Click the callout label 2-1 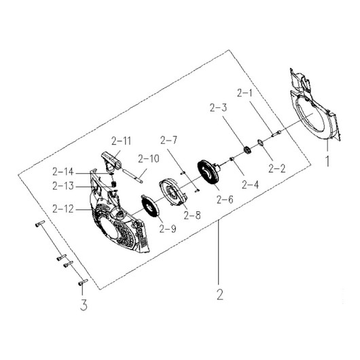[245, 92]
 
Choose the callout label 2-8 [192, 215]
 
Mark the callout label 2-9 [167, 229]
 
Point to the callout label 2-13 [65, 185]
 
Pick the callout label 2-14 [65, 171]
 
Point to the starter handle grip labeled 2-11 [111, 161]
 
